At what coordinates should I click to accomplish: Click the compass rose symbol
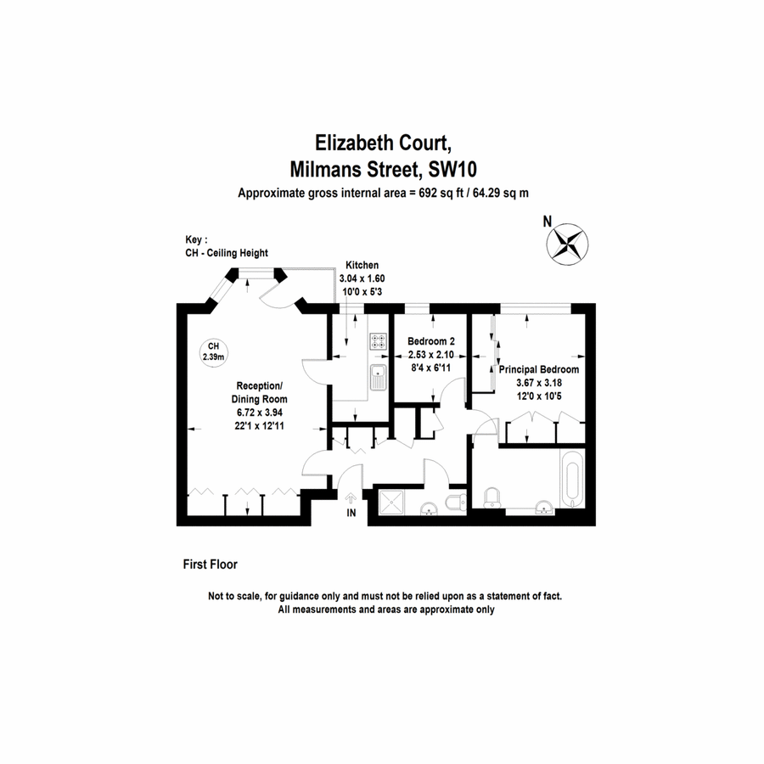(567, 244)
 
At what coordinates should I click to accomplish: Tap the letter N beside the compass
(548, 222)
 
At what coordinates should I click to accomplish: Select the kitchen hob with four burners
(378, 341)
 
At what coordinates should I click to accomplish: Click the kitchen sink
(378, 377)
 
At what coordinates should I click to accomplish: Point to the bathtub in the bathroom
(572, 480)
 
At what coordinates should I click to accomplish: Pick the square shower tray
(391, 503)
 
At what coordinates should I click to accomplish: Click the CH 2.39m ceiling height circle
(213, 351)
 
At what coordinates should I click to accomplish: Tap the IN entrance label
(351, 513)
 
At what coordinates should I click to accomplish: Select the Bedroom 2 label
(431, 341)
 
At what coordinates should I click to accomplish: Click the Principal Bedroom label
(539, 369)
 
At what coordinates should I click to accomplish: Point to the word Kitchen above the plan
(362, 265)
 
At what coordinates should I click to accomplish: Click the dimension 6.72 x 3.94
(260, 413)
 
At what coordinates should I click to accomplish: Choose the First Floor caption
(210, 565)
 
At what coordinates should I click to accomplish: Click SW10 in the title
(452, 170)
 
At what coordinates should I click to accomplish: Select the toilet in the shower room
(456, 502)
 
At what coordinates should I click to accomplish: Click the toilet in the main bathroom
(492, 499)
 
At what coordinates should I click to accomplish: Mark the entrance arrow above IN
(351, 498)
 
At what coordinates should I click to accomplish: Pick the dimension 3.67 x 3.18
(539, 383)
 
